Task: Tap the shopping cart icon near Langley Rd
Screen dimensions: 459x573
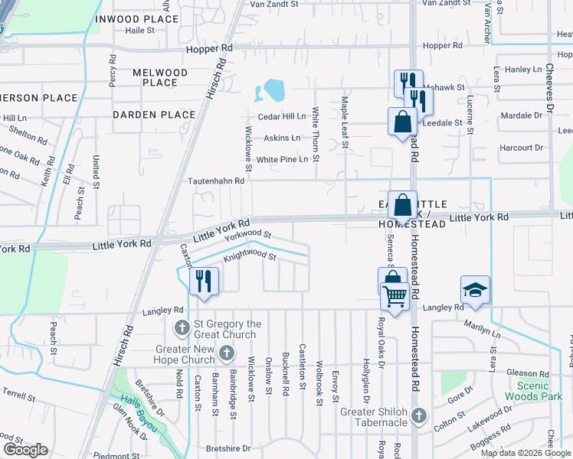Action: click(x=395, y=295)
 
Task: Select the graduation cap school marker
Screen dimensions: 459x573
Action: click(x=475, y=291)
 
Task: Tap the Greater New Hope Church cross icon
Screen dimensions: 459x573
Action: click(x=226, y=353)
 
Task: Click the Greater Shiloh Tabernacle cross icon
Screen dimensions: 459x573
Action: click(x=418, y=415)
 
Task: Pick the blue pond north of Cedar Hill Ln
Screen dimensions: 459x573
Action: click(x=272, y=92)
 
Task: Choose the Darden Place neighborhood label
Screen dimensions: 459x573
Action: click(x=154, y=115)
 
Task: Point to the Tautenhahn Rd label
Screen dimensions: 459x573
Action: click(x=216, y=181)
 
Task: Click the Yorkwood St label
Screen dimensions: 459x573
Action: click(x=248, y=236)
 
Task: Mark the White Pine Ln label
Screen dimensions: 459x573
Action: click(x=283, y=159)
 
